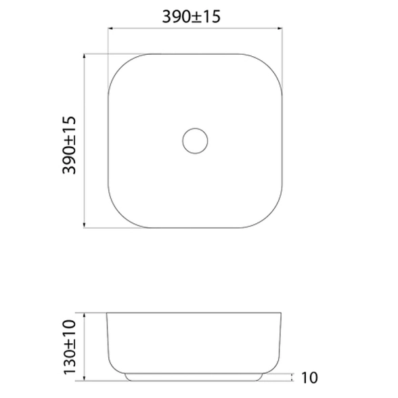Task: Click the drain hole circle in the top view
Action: (x=195, y=129)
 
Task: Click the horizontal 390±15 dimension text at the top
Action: (x=191, y=17)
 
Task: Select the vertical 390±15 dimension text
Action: (x=69, y=145)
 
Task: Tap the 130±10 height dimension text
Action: (x=70, y=347)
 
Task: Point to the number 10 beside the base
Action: (x=309, y=378)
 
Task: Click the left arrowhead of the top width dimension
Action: (x=110, y=28)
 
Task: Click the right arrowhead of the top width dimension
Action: (x=280, y=28)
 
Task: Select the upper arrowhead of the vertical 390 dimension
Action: (x=84, y=56)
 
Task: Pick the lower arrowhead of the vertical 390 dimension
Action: (x=84, y=225)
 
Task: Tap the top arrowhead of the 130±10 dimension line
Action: (x=84, y=315)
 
